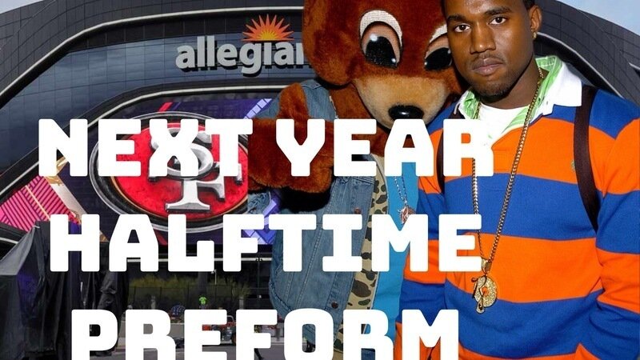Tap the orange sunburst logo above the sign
267,29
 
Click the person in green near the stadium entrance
203,301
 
